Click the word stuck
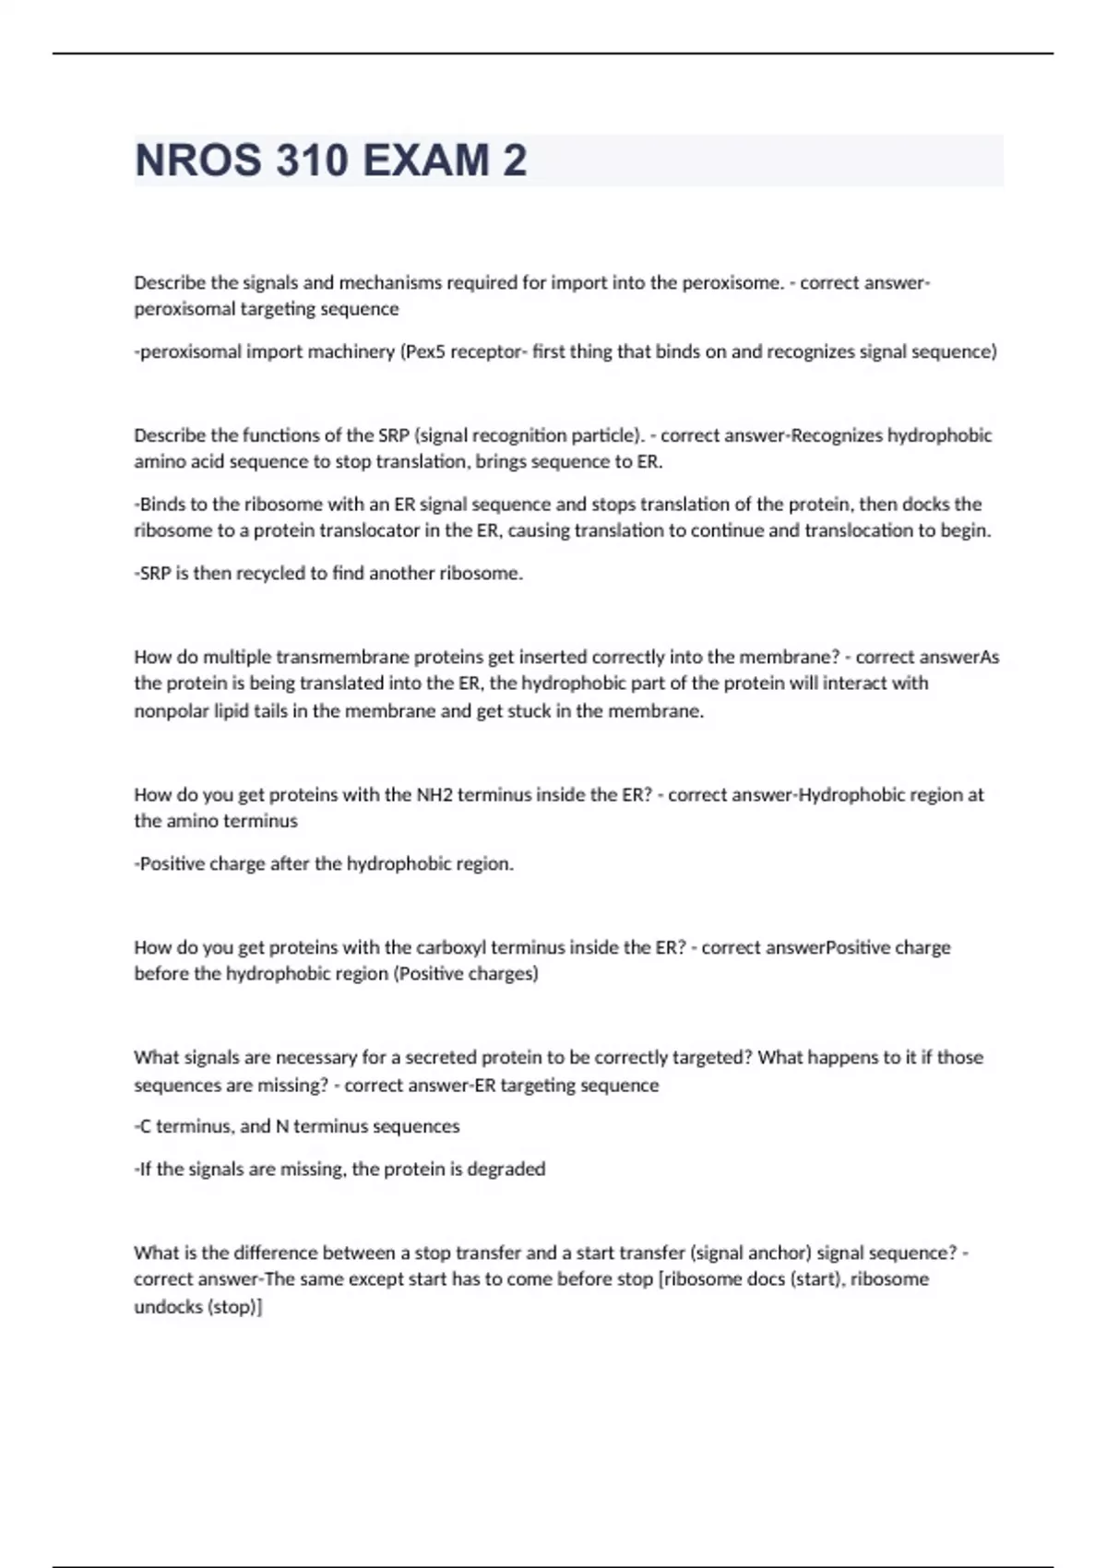(x=529, y=711)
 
